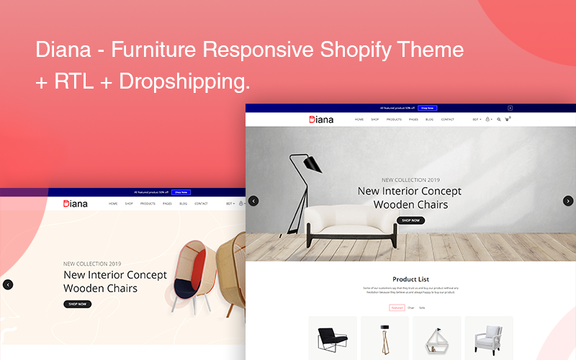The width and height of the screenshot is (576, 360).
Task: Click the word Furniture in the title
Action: [155, 50]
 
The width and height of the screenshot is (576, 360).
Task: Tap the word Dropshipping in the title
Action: [184, 81]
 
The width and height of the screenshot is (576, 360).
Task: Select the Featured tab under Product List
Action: [397, 307]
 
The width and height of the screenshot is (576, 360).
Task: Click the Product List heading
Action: [410, 279]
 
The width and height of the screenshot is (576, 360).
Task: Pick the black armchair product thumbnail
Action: [333, 338]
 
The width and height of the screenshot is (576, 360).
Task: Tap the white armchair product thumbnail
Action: [488, 338]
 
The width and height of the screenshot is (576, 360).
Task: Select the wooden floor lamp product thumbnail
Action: [384, 338]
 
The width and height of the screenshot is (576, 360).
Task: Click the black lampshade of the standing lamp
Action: [310, 164]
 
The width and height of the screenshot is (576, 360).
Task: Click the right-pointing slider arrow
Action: [568, 201]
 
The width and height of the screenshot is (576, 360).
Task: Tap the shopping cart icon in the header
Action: [507, 120]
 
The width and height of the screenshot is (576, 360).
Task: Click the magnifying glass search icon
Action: [498, 120]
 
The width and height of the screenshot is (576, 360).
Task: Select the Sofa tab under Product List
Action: [422, 307]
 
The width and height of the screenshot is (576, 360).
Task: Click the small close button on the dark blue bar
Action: [510, 108]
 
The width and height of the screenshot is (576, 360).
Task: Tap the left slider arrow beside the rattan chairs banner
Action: [8, 284]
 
